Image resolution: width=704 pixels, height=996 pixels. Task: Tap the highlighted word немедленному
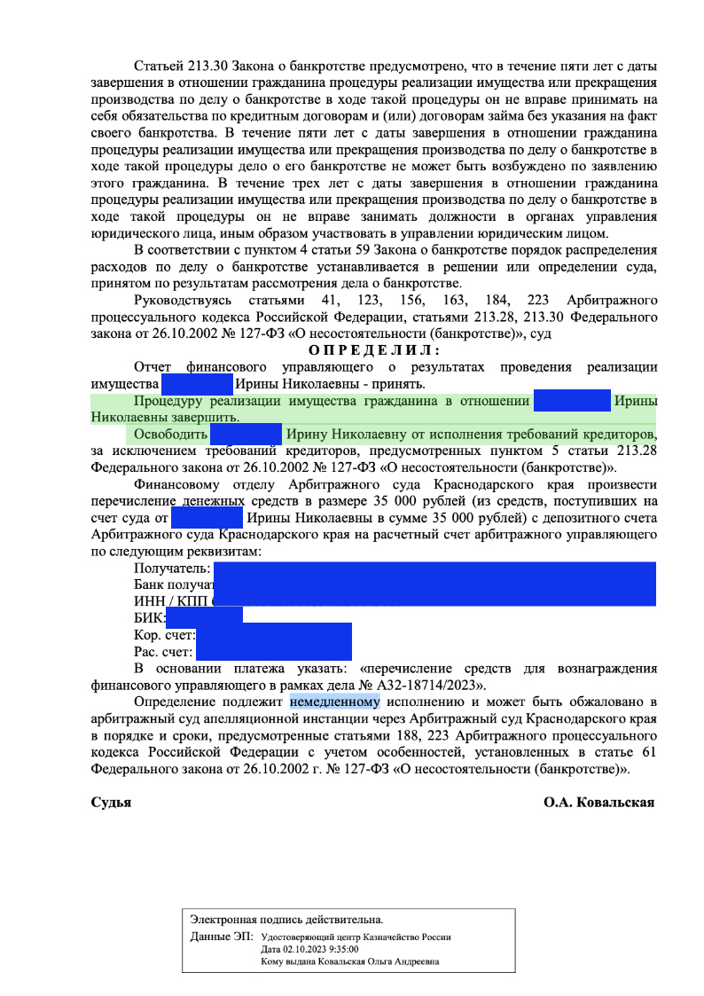pos(334,704)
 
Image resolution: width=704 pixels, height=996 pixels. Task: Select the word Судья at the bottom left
pos(111,802)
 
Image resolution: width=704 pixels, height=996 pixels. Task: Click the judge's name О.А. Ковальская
pos(598,802)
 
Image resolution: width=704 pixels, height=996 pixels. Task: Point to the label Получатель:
pos(171,569)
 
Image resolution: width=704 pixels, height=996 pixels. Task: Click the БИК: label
pos(149,617)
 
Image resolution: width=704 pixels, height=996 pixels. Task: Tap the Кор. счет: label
pos(164,635)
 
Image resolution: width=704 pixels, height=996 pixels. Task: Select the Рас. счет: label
pos(163,652)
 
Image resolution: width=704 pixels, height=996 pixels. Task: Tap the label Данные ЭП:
pos(222,937)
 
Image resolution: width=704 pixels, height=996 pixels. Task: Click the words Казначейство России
pos(407,937)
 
